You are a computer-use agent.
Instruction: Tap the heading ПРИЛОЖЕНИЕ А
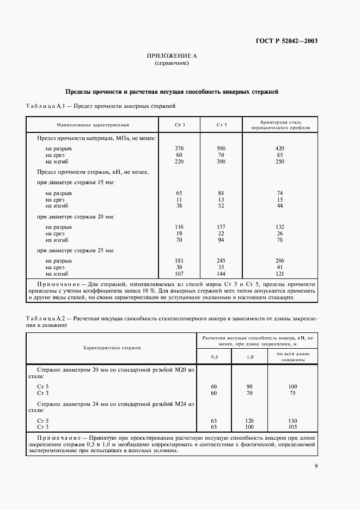[172, 56]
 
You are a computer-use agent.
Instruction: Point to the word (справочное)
[172, 63]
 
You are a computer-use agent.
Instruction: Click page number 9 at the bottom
[316, 466]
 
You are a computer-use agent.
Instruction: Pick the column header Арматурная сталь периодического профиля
[280, 125]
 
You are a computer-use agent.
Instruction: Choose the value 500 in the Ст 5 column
[221, 148]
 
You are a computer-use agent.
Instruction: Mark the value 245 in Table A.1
[221, 261]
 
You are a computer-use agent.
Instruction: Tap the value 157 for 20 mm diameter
[221, 227]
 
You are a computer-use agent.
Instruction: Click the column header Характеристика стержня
[112, 347]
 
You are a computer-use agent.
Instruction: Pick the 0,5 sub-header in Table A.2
[213, 357]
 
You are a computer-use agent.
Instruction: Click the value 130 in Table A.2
[292, 420]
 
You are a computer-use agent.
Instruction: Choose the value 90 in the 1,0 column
[249, 386]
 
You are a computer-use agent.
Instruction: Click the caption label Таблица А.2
[46, 318]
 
